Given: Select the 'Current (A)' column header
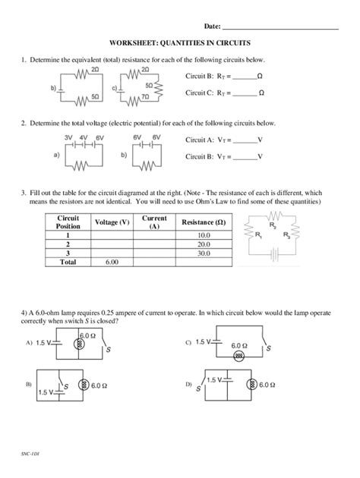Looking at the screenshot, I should (154, 222).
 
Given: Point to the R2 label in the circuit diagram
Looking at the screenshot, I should (273, 226).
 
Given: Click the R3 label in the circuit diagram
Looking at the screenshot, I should (286, 236).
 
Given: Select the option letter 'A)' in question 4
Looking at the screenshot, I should (29, 343).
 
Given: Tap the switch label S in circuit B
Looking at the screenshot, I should (67, 386).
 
